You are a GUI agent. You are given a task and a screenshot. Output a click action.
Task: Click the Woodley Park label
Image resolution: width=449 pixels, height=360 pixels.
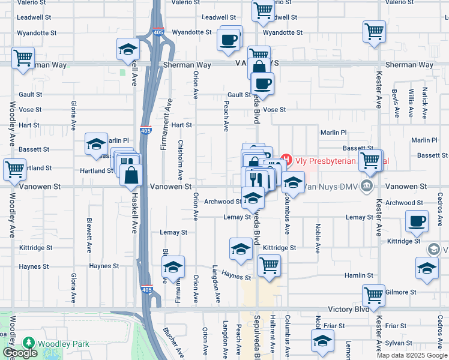click(63, 344)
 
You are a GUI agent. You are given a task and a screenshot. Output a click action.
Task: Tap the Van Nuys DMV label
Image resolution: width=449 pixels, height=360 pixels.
click(329, 187)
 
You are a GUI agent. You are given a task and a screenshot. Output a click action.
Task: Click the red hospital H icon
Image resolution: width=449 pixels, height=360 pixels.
click(286, 160)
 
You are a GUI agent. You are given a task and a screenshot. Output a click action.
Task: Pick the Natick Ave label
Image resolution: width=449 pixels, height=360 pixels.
click(424, 102)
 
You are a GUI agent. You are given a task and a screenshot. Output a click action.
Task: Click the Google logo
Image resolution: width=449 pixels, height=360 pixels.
click(20, 353)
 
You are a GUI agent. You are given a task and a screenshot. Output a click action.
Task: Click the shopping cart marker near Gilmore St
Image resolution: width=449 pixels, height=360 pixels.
click(373, 295)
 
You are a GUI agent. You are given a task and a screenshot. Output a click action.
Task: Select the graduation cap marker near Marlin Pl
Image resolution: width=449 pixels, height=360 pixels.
click(96, 144)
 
